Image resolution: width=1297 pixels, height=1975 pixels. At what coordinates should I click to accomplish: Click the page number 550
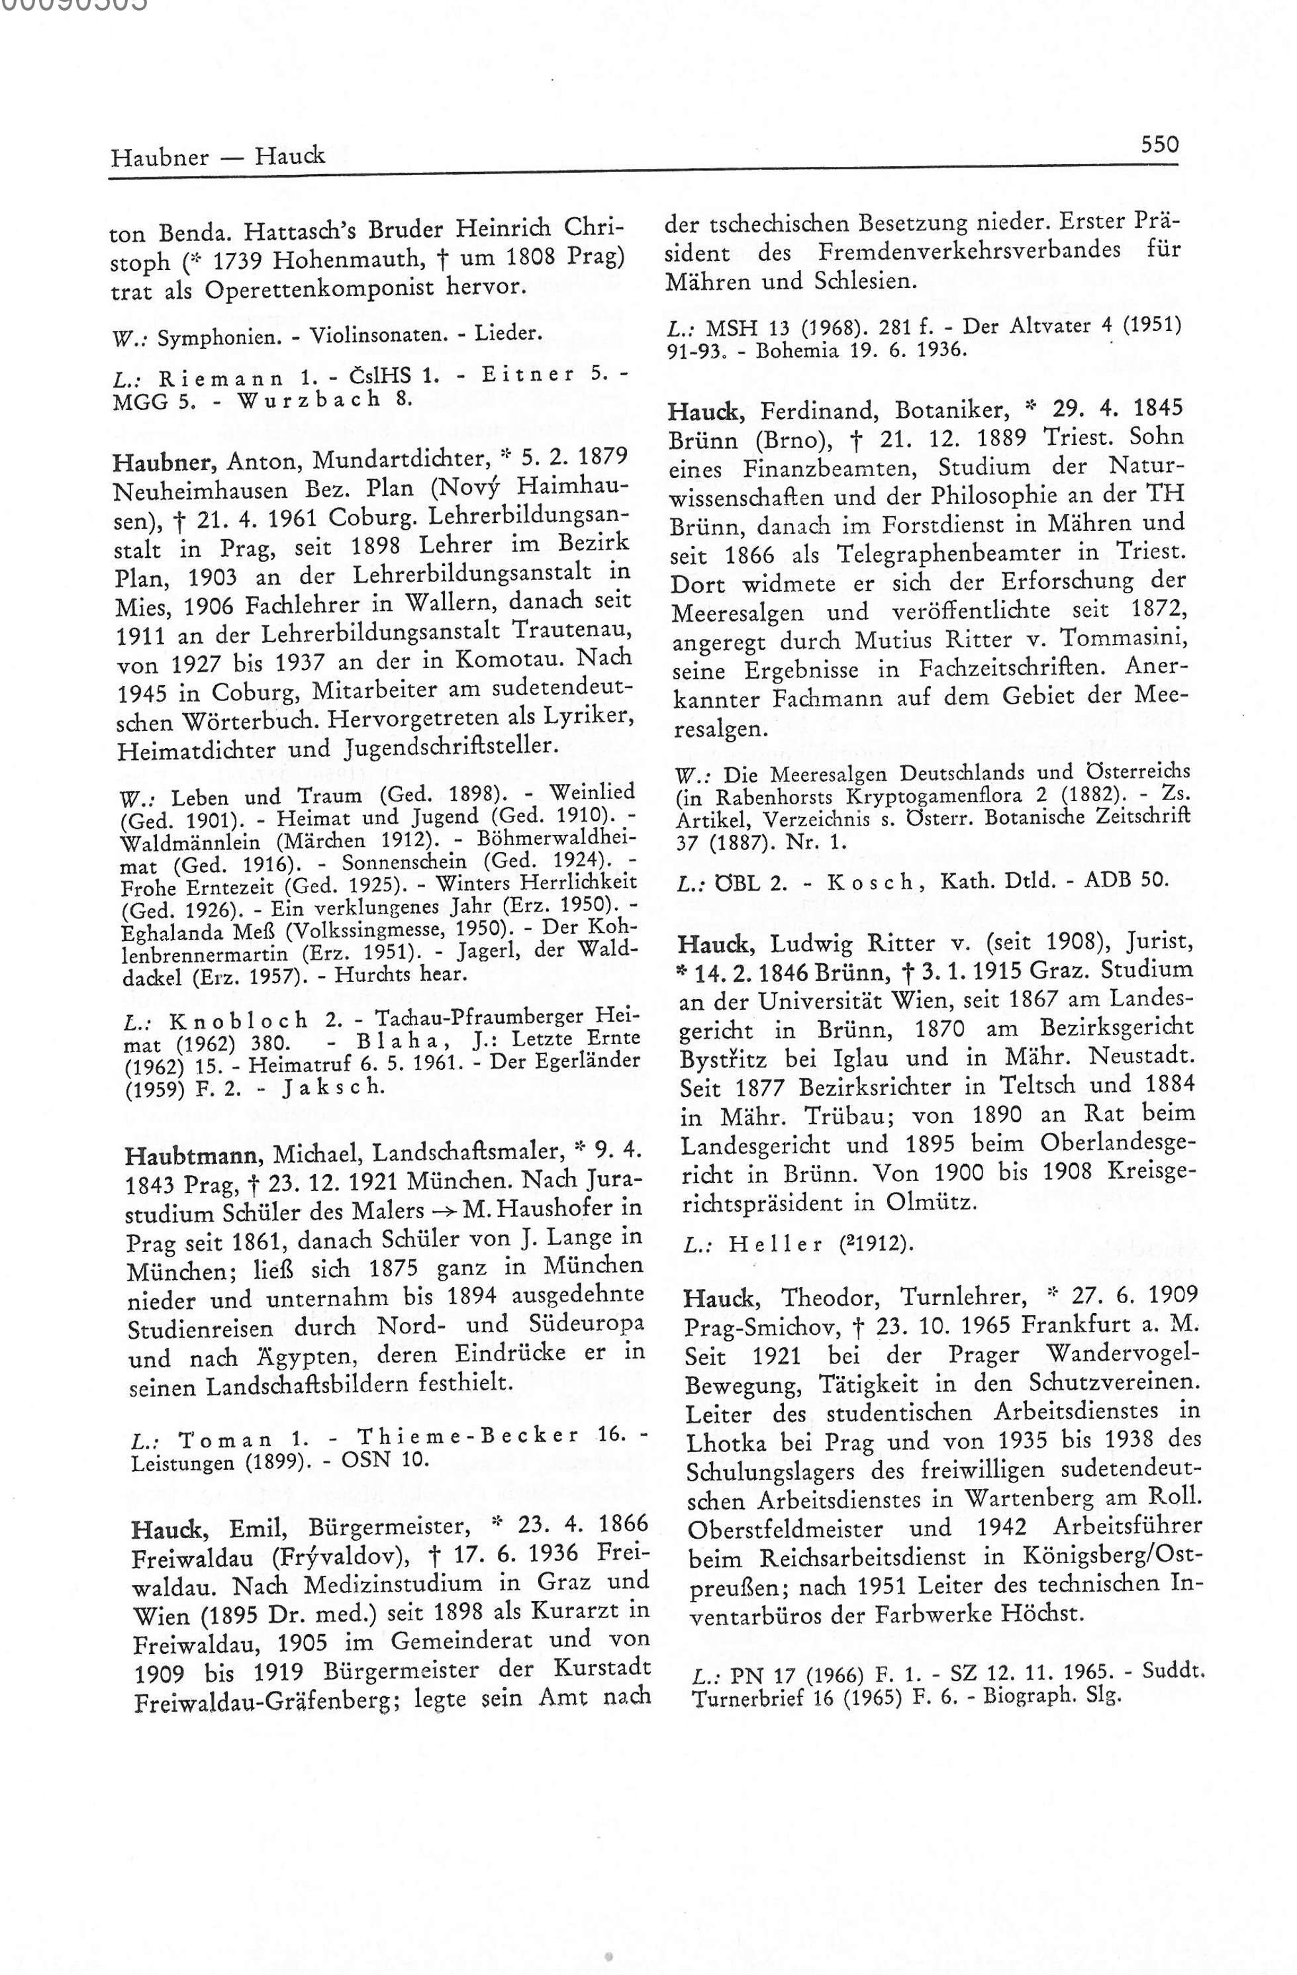pos(1159,144)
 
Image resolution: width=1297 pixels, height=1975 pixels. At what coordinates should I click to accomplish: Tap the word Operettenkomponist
pos(342,289)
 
